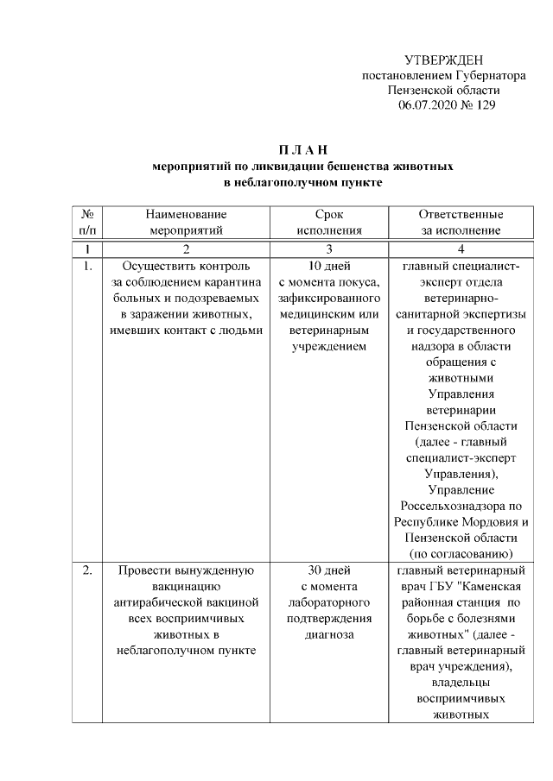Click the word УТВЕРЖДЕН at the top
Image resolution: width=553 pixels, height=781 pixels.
point(443,60)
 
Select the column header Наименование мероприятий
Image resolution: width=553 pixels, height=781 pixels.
point(186,222)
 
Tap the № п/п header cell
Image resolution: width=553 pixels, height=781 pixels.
point(86,222)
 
